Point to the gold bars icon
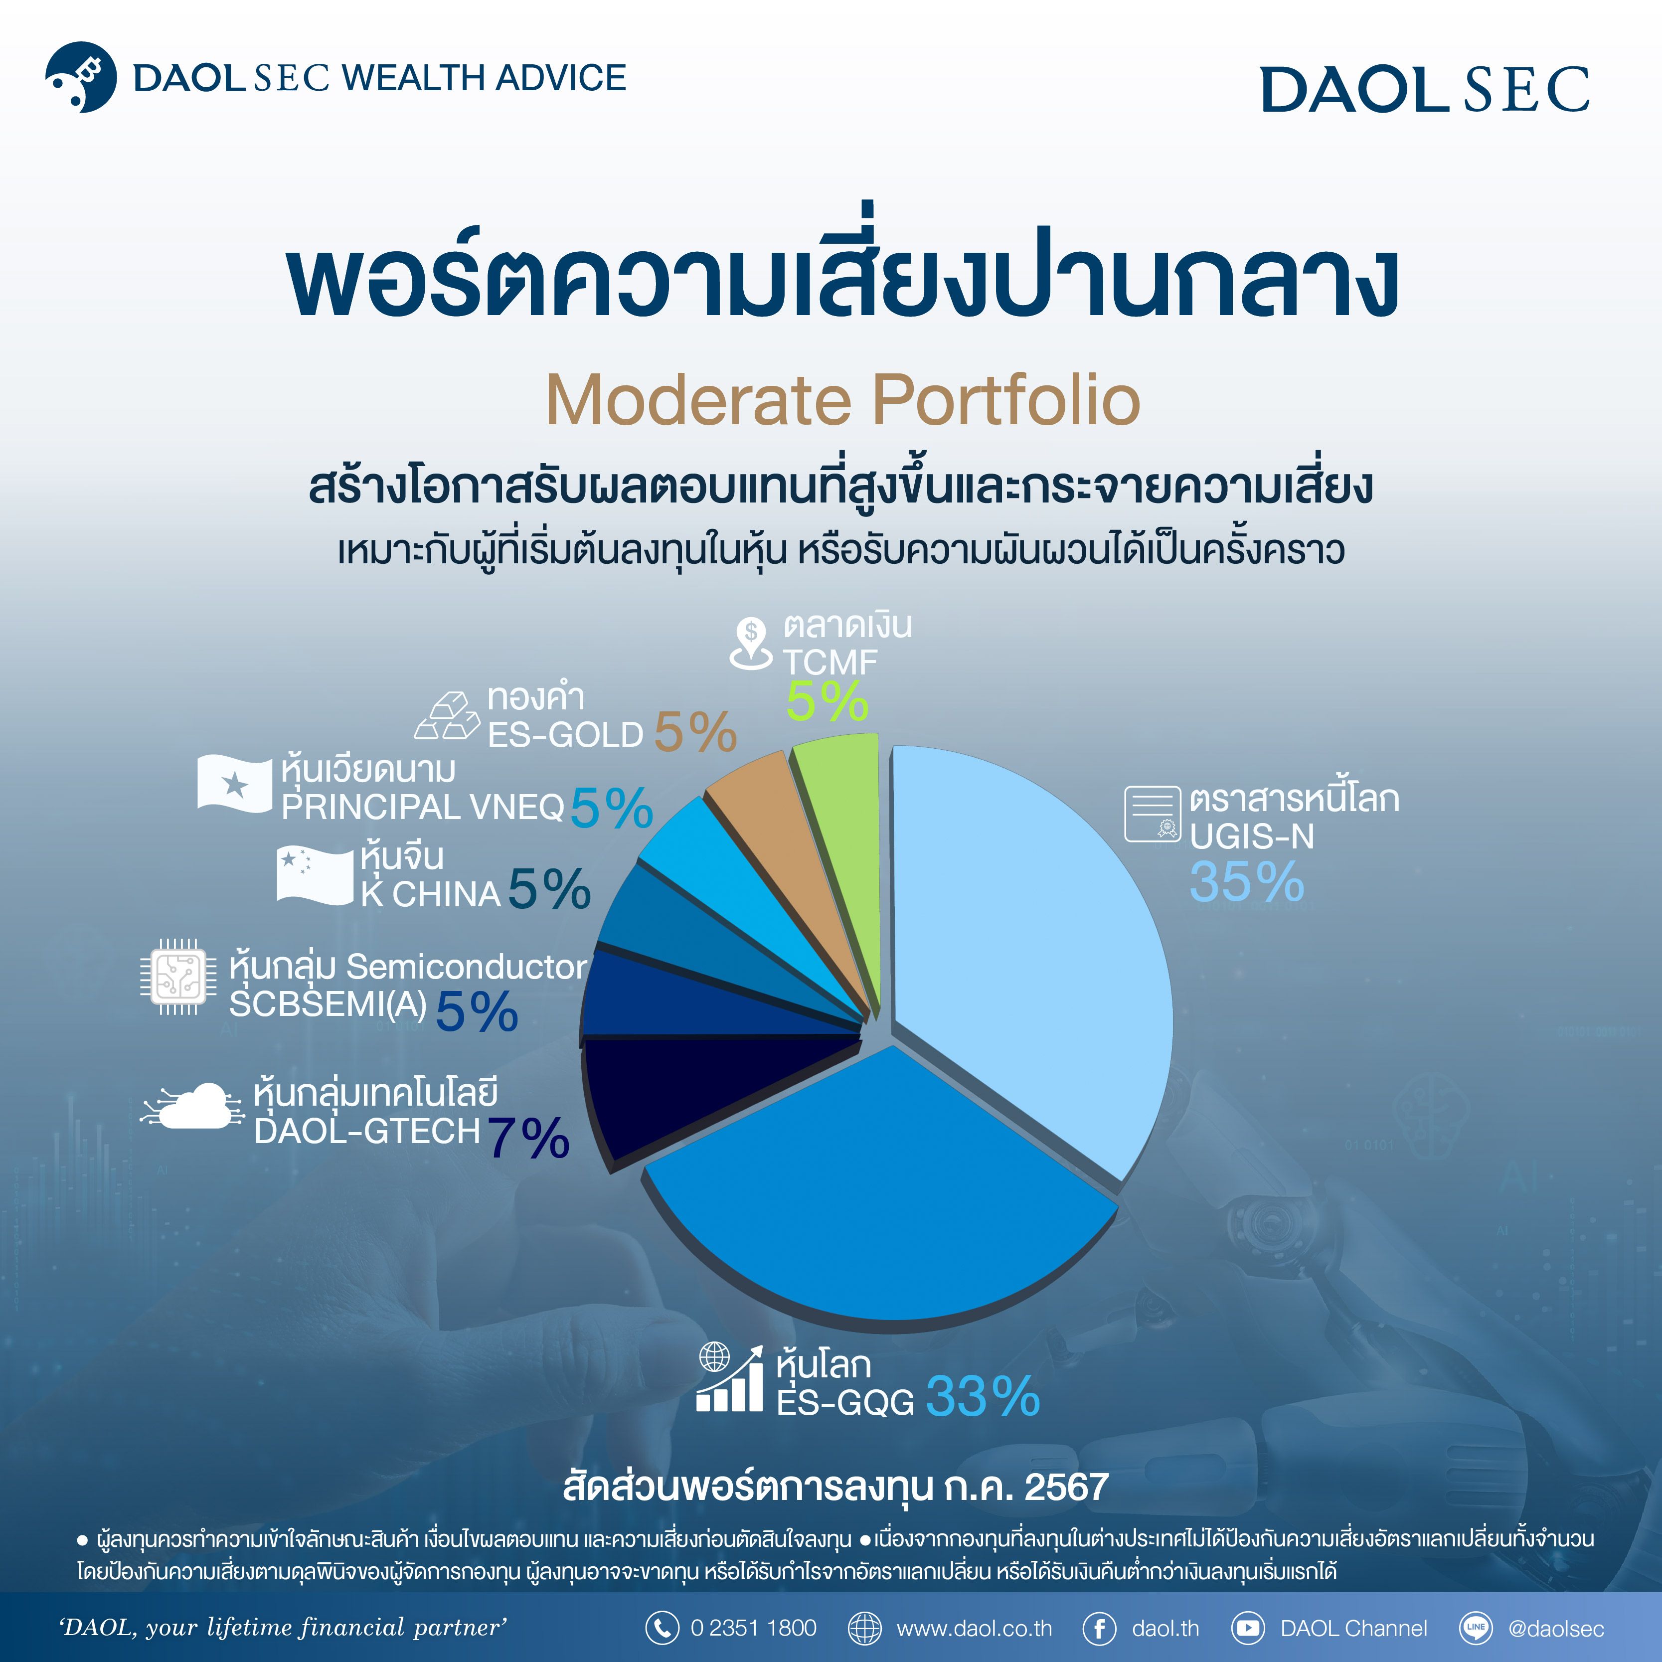click(x=447, y=716)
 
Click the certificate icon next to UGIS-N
click(x=1153, y=813)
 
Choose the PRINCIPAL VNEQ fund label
click(x=422, y=808)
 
